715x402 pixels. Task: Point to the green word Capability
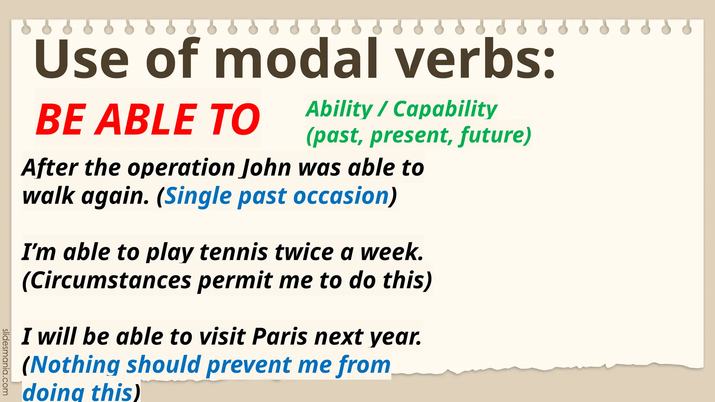(445, 109)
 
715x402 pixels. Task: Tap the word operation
(182, 168)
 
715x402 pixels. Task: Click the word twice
(304, 252)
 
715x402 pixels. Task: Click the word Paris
(280, 337)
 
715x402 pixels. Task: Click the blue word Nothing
(75, 365)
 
